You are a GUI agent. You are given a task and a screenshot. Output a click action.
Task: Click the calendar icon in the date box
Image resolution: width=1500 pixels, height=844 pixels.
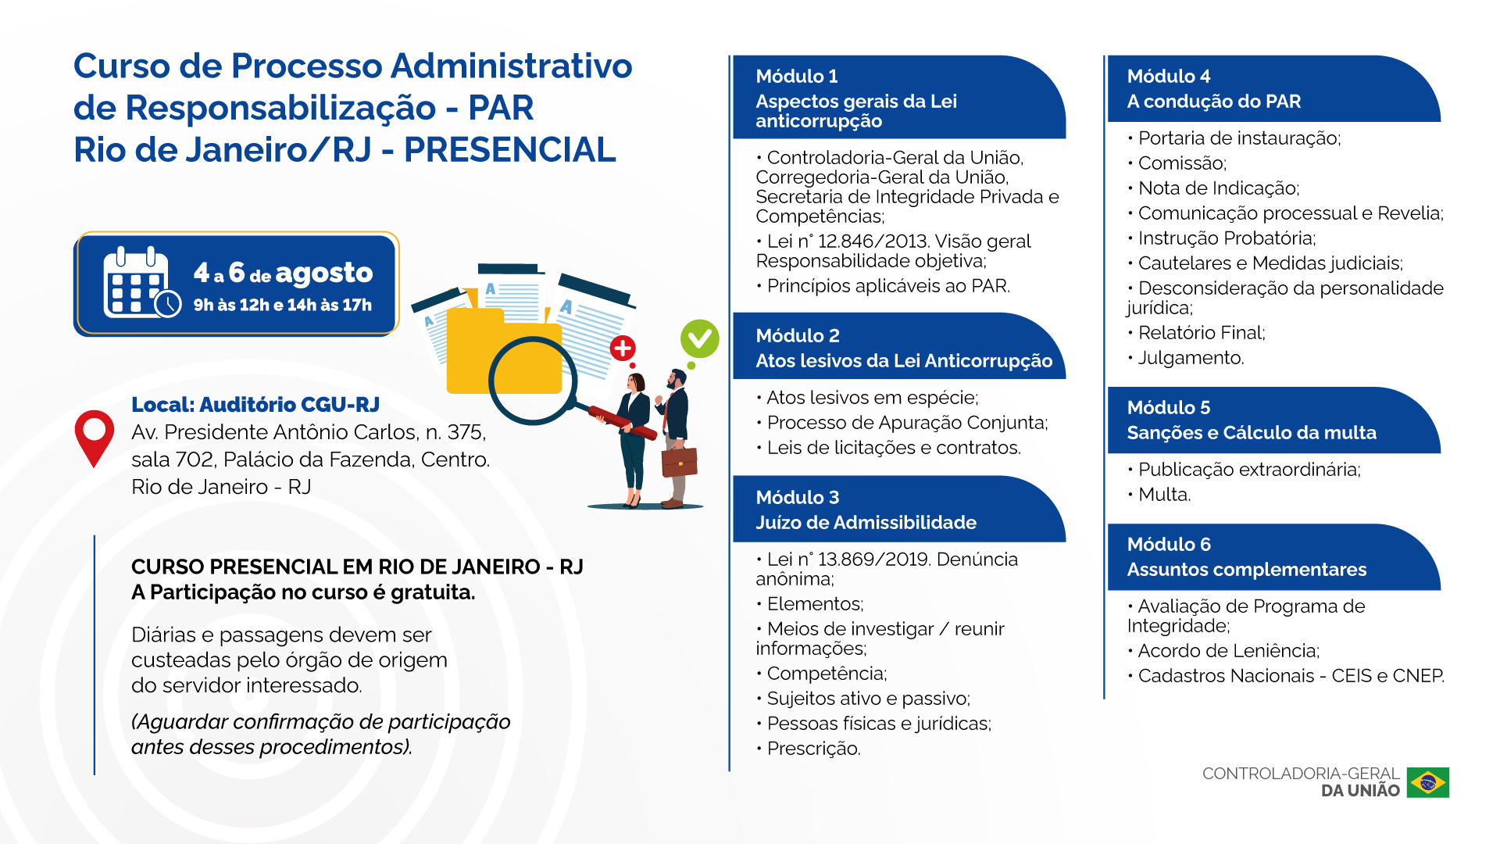pos(141,283)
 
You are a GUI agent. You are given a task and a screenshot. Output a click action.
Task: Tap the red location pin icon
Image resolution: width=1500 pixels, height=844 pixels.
pos(94,438)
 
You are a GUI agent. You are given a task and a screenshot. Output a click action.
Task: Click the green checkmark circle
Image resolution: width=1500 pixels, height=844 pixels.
pos(699,338)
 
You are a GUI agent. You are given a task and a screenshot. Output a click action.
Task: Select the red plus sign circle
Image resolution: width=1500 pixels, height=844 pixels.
pos(623,349)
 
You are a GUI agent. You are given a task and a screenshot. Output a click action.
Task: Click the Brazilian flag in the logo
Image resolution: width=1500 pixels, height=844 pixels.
pos(1428,782)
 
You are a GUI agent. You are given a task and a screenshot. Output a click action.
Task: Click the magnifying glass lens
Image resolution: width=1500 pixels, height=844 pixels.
pos(533,380)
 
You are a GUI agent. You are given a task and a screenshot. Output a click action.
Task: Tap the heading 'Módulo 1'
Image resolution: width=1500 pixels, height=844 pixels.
pos(797,77)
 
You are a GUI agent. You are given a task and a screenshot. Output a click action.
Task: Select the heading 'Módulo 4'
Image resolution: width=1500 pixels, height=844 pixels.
pos(1169,77)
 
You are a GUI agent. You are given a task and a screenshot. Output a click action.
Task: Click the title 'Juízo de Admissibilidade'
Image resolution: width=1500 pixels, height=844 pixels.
pos(866,522)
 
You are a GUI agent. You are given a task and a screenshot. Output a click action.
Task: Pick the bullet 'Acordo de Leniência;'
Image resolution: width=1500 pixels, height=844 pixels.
pos(1223,651)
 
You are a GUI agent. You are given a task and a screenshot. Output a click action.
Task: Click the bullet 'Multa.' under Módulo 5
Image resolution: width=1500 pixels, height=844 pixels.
pos(1159,495)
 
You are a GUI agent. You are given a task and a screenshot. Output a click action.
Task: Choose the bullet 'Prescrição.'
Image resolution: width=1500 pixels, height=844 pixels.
pos(809,749)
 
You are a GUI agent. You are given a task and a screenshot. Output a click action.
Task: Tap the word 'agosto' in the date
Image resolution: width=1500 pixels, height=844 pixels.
pos(324,274)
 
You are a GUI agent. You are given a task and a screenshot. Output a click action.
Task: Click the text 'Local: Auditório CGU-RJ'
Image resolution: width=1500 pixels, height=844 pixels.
pos(255,404)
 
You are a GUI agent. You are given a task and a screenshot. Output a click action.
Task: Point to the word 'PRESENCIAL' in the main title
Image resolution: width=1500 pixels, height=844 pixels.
pos(510,150)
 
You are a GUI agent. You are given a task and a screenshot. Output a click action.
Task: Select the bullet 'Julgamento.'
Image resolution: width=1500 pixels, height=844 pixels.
pos(1186,358)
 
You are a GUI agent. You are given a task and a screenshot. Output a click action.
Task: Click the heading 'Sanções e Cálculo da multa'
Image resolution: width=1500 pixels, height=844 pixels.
pos(1252,432)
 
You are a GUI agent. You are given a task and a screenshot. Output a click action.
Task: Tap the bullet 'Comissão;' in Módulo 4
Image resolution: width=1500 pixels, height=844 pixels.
pos(1177,163)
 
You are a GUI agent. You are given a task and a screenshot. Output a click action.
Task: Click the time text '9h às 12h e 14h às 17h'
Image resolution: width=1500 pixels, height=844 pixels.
pos(283,305)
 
